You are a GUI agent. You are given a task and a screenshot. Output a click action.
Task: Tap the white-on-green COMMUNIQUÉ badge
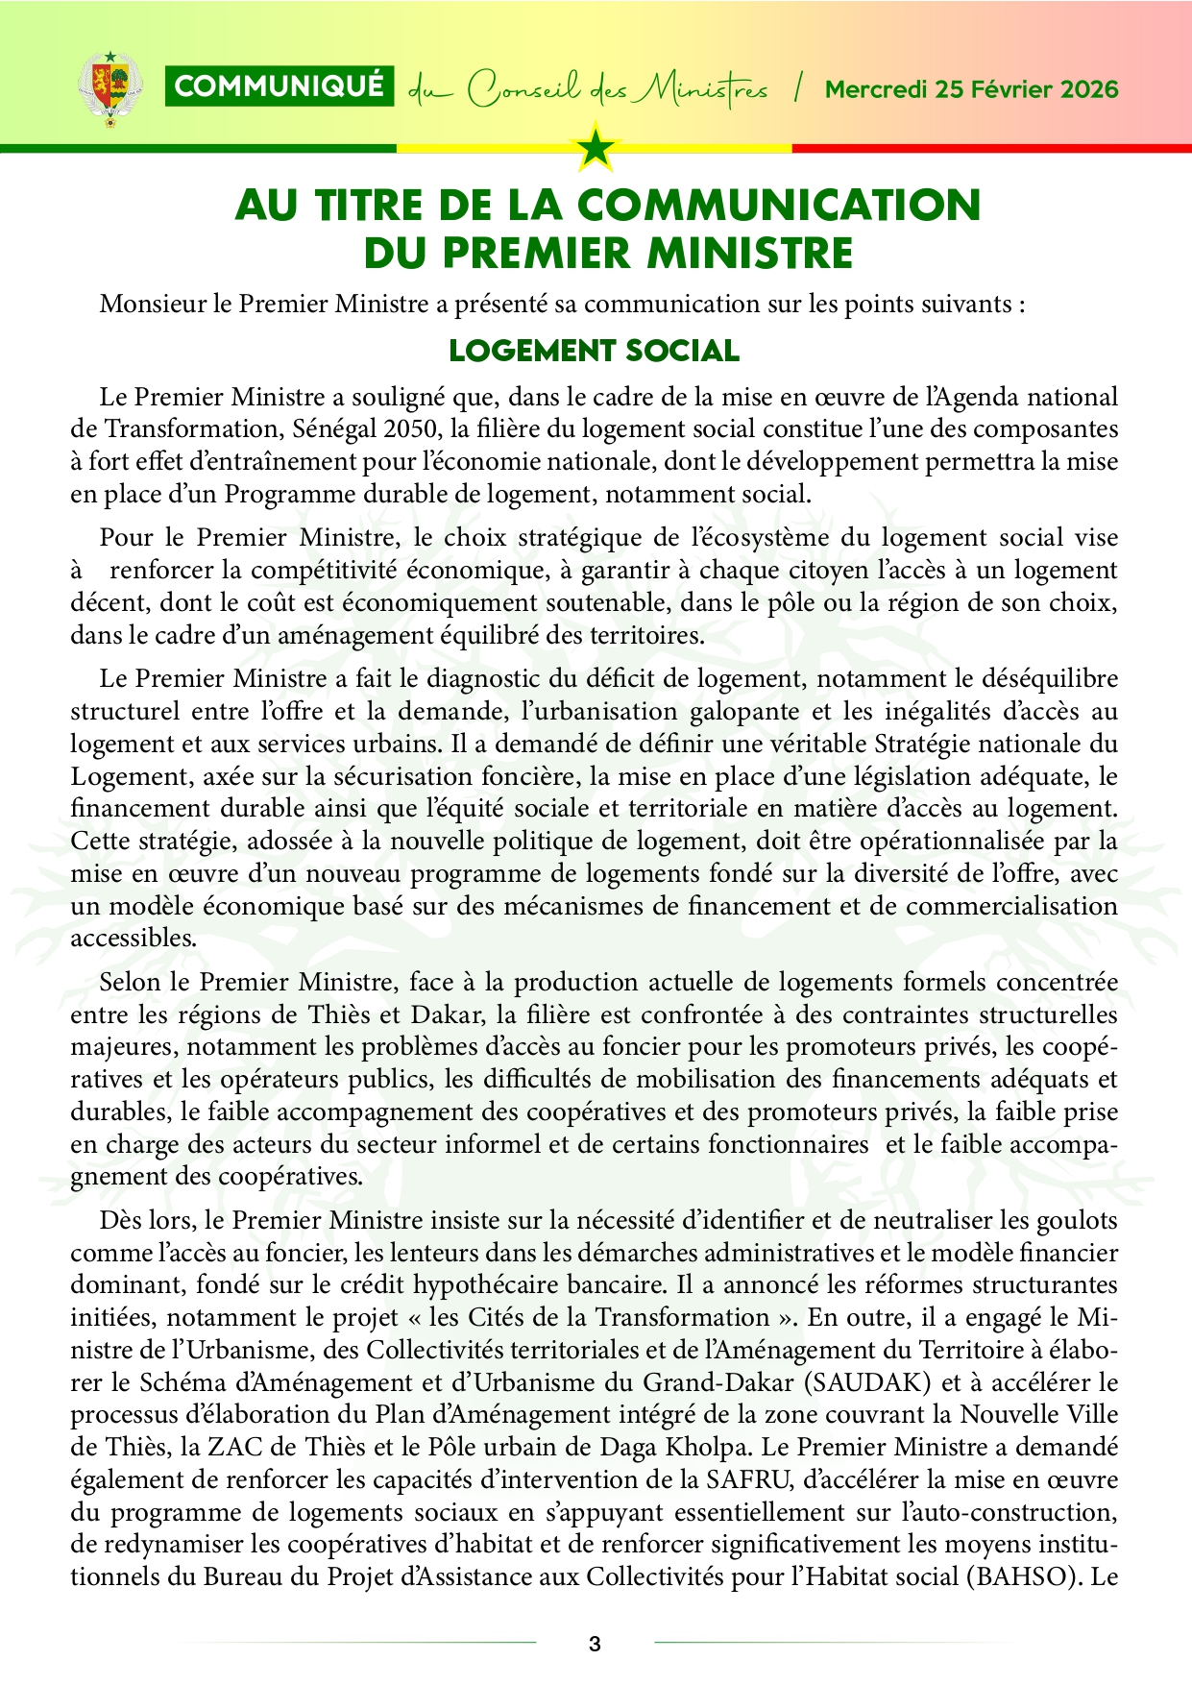point(280,86)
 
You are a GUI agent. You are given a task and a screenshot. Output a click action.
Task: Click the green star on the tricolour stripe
point(596,148)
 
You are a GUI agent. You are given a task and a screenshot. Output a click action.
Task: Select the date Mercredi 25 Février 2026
point(972,89)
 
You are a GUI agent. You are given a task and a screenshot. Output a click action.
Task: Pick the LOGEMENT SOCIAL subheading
point(595,351)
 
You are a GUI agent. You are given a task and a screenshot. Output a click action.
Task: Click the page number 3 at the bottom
point(595,1644)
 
